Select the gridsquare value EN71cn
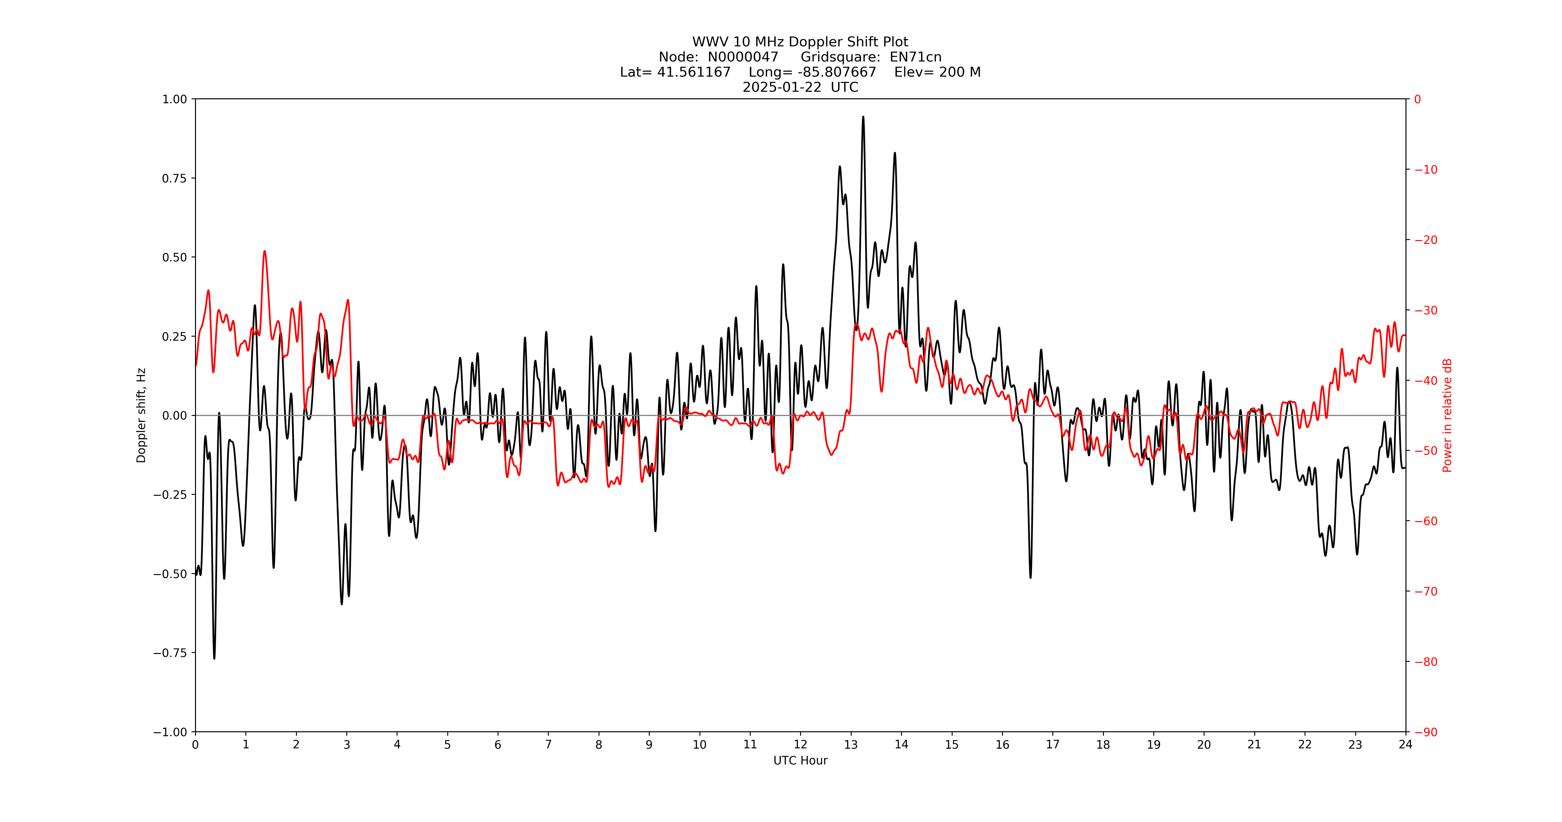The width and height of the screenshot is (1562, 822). [x=915, y=57]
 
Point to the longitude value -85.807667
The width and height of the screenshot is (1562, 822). [x=837, y=72]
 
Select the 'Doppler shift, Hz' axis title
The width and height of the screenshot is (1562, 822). [x=141, y=415]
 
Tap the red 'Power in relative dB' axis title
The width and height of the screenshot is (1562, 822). [x=1447, y=415]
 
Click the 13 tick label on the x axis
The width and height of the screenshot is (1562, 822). [x=851, y=744]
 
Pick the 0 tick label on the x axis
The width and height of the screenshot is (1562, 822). [x=195, y=744]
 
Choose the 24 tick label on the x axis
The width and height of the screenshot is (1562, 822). [x=1405, y=744]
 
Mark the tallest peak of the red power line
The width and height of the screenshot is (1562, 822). [x=264, y=251]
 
